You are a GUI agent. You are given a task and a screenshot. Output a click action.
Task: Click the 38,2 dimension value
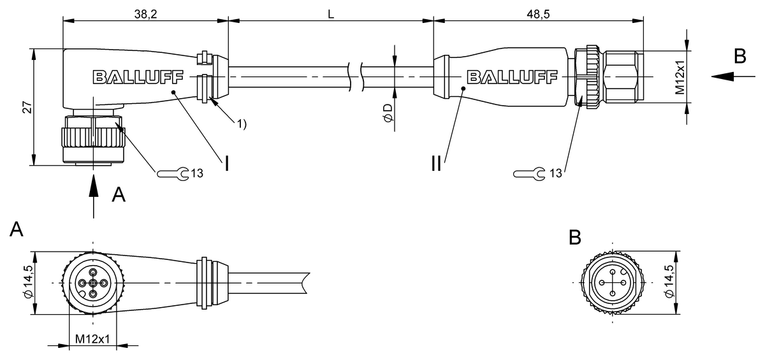pyautogui.click(x=145, y=14)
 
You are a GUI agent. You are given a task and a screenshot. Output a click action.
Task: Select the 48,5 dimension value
pyautogui.click(x=538, y=14)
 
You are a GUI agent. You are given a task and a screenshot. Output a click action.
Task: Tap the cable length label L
pyautogui.click(x=331, y=14)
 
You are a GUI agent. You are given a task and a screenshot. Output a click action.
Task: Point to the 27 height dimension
pyautogui.click(x=27, y=108)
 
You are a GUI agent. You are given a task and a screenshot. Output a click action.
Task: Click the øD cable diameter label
pyautogui.click(x=388, y=113)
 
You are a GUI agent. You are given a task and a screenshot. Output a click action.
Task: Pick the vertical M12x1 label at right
pyautogui.click(x=680, y=78)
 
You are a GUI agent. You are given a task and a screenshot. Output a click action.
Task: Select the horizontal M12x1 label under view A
pyautogui.click(x=92, y=339)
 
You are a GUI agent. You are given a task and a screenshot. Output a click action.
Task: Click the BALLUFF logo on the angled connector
pyautogui.click(x=138, y=77)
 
